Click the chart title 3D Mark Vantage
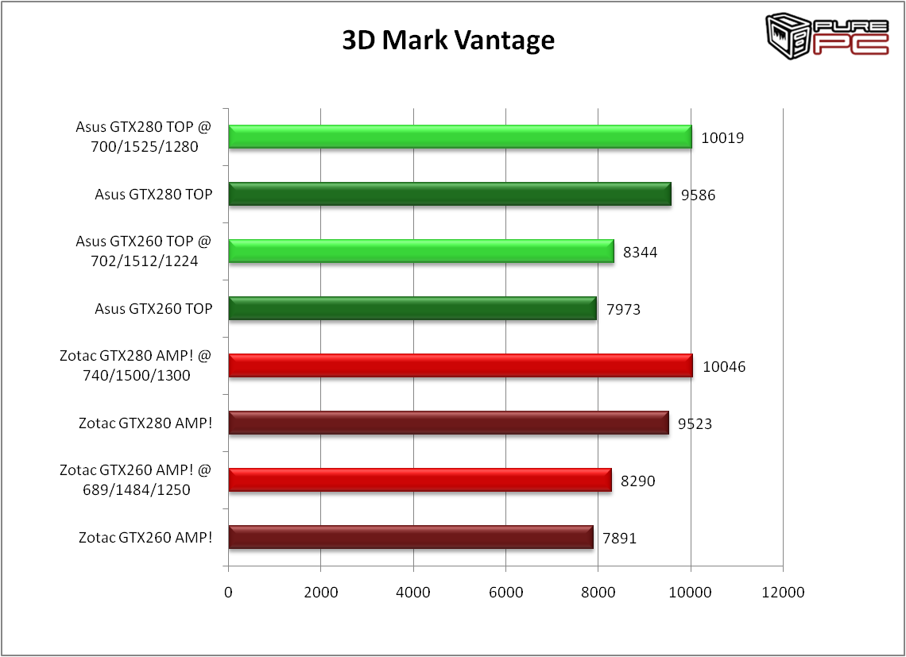pyautogui.click(x=448, y=41)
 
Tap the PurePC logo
pyautogui.click(x=827, y=37)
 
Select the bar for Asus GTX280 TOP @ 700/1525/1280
pyautogui.click(x=460, y=137)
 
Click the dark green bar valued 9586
pyautogui.click(x=450, y=194)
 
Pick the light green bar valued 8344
pyautogui.click(x=421, y=251)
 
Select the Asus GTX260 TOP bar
pyautogui.click(x=412, y=308)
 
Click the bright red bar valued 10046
pyautogui.click(x=461, y=365)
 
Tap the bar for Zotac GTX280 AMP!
pyautogui.click(x=448, y=423)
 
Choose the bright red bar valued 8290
pyautogui.click(x=420, y=480)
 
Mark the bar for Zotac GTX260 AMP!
pyautogui.click(x=411, y=537)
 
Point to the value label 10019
pyautogui.click(x=722, y=137)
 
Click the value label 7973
pyautogui.click(x=623, y=309)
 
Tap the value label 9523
pyautogui.click(x=695, y=423)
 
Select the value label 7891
pyautogui.click(x=619, y=538)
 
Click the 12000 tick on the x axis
pyautogui.click(x=783, y=592)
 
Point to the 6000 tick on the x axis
pyautogui.click(x=505, y=592)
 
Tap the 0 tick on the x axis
pyautogui.click(x=228, y=592)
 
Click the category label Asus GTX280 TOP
pyautogui.click(x=153, y=194)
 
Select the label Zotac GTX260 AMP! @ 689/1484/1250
pyautogui.click(x=135, y=480)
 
